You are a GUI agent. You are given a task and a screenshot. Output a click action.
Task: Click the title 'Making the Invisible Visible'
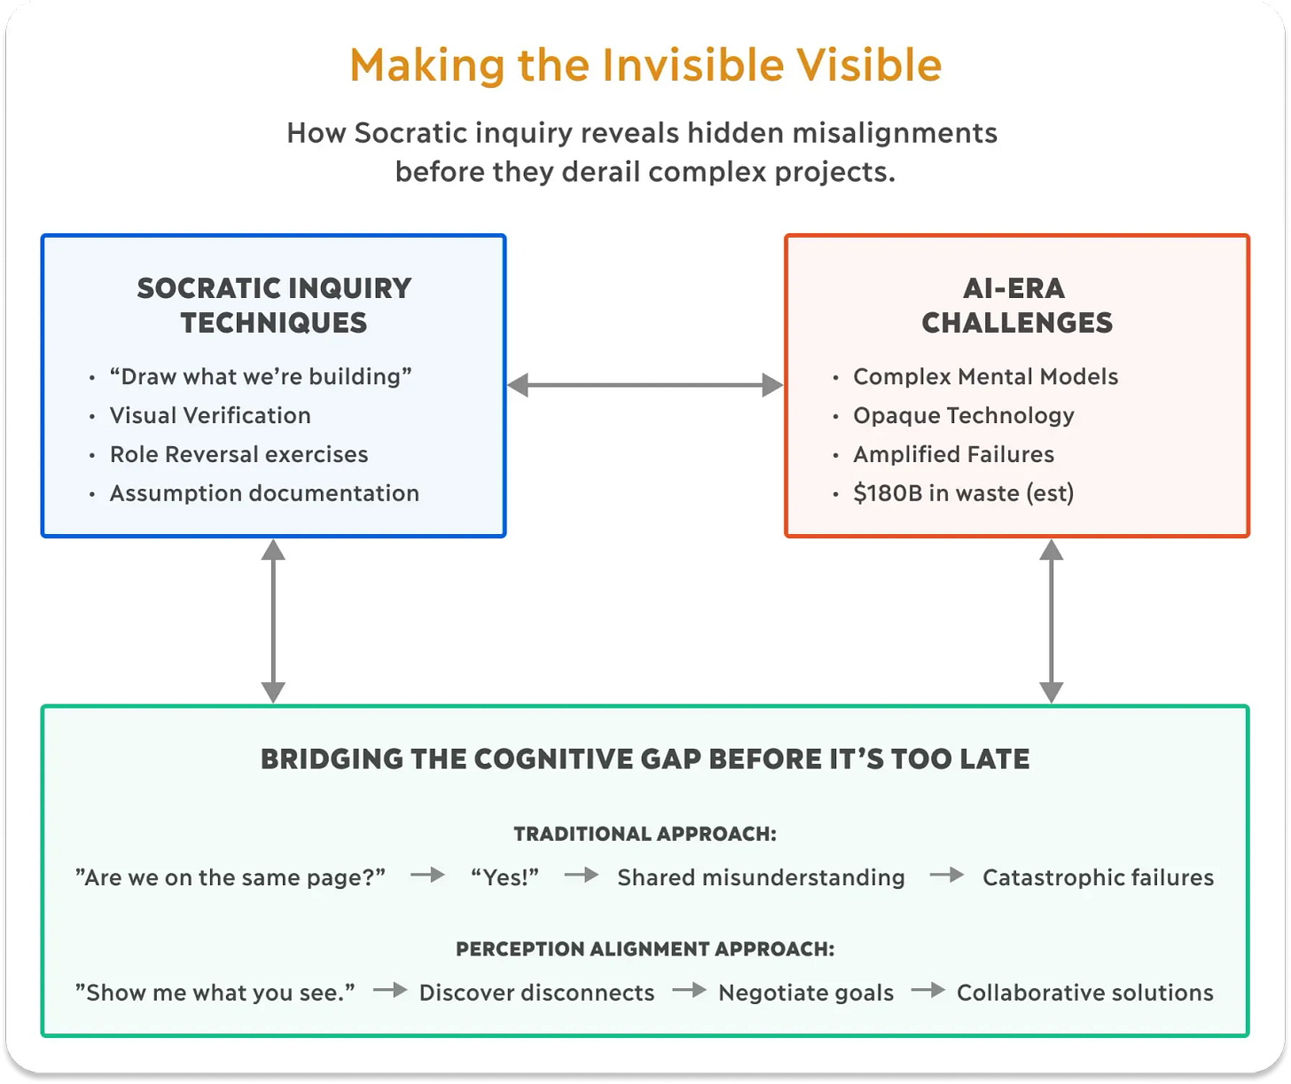coord(645,66)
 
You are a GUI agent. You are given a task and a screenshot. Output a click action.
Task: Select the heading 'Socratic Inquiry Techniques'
coord(274,305)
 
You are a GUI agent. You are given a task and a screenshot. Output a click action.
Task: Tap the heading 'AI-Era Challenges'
coord(1016,305)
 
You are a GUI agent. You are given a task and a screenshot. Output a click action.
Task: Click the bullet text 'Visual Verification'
coord(210,415)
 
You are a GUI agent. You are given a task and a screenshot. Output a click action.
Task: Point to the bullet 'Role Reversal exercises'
coord(239,454)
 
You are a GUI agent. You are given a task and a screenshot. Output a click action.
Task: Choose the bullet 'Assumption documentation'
coord(264,493)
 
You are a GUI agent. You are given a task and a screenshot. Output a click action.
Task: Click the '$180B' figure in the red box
coord(887,493)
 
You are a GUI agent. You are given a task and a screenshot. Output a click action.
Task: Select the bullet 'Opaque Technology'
coord(963,415)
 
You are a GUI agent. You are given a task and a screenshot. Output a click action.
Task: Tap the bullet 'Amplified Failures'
coord(953,454)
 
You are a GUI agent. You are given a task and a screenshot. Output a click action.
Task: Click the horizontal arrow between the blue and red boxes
coord(645,385)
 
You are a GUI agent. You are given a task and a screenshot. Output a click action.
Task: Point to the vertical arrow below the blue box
coord(273,621)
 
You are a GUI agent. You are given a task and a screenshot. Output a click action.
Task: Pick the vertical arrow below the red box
coord(1051,621)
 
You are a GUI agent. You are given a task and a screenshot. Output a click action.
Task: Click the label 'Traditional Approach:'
coord(645,834)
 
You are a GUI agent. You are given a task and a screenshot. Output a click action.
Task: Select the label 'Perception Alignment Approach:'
coord(645,949)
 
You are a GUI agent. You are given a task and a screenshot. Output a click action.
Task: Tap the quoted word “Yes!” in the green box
coord(505,877)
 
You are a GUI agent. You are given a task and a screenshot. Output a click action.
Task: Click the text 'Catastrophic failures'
coord(1098,877)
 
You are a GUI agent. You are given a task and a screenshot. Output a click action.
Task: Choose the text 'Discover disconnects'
coord(536,993)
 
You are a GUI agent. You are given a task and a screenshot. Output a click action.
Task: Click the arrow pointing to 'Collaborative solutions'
coord(927,990)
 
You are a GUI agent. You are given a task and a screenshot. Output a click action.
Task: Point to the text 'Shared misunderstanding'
coord(761,877)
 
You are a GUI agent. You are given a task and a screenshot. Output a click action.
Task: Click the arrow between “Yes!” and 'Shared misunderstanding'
coord(581,876)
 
